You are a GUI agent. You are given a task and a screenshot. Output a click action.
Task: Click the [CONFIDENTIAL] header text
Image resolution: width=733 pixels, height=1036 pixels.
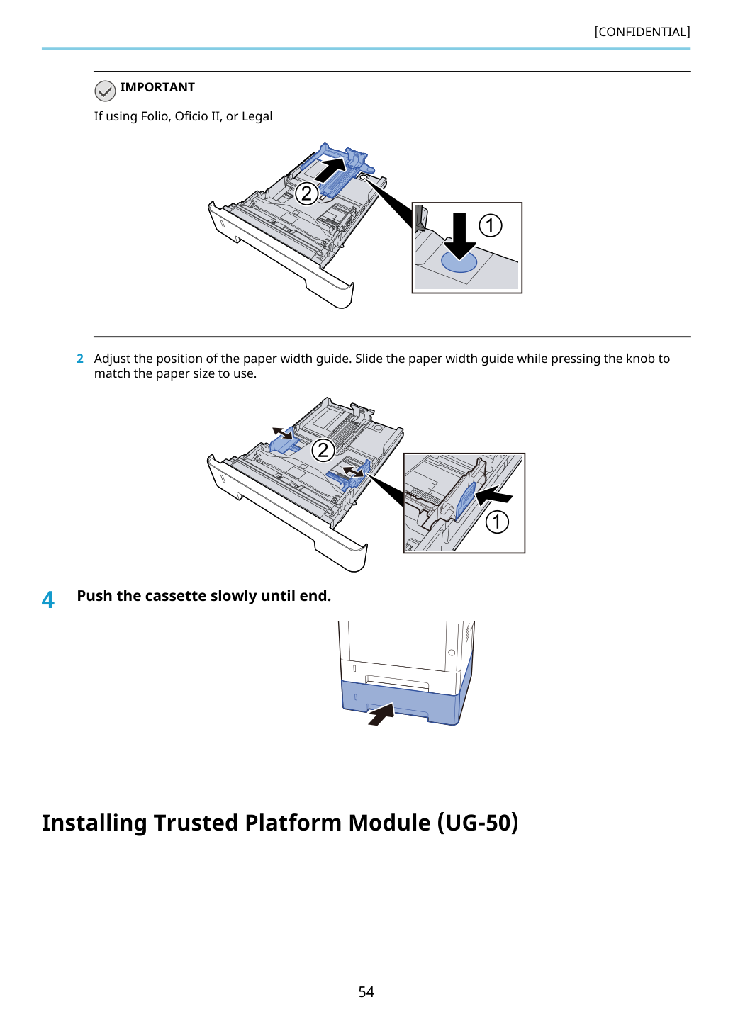[x=642, y=32]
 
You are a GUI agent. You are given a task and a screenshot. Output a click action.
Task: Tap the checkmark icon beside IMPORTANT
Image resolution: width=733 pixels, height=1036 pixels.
[x=105, y=91]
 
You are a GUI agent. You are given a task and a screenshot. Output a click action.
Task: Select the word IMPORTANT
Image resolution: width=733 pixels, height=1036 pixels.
[x=157, y=87]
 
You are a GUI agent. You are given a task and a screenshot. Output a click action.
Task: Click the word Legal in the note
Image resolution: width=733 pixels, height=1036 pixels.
[x=257, y=116]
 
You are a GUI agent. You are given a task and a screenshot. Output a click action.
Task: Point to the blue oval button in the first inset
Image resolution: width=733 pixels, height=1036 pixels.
[x=459, y=261]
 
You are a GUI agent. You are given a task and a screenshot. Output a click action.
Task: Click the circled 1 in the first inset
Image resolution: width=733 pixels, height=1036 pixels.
[x=490, y=226]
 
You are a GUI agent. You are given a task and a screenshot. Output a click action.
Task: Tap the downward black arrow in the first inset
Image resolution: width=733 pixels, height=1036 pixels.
[x=459, y=236]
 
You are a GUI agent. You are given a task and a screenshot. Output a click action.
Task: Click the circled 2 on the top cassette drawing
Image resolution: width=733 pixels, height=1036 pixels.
[x=306, y=193]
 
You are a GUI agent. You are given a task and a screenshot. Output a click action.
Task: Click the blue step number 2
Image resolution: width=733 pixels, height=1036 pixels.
[x=80, y=359]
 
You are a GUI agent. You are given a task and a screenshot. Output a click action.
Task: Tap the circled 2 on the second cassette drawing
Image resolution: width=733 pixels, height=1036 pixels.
[x=323, y=450]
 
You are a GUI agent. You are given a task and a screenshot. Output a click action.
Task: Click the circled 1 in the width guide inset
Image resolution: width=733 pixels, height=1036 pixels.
[x=497, y=522]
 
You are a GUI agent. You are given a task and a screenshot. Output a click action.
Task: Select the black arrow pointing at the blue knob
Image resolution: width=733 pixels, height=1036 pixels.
[x=494, y=495]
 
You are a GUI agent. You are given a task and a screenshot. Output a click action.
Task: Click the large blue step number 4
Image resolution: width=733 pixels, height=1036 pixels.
[x=48, y=600]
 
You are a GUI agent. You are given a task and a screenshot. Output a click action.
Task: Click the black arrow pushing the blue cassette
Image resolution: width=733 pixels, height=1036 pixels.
[x=381, y=714]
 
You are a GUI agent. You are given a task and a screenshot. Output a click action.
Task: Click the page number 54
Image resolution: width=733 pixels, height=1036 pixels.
[x=366, y=991]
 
